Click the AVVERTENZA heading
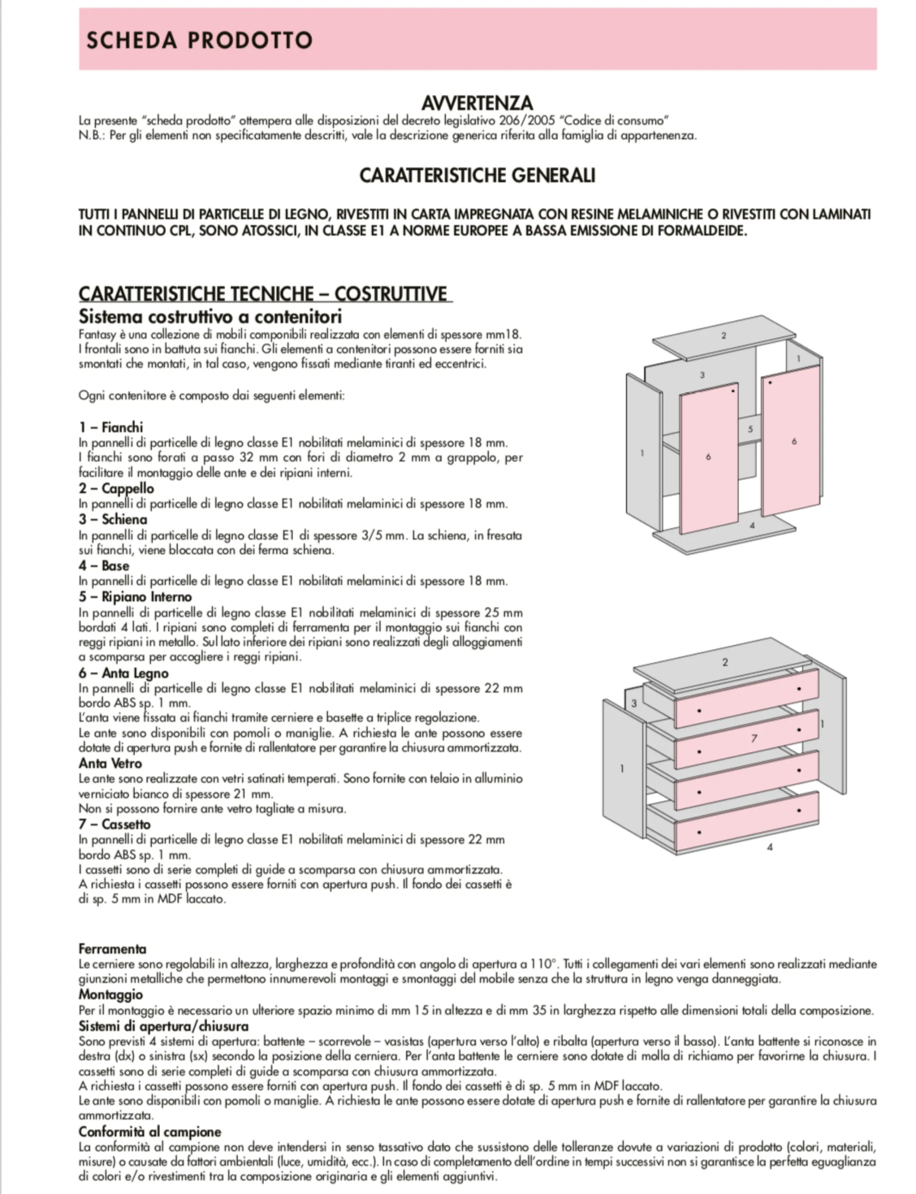(x=477, y=103)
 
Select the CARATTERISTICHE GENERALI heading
(x=477, y=175)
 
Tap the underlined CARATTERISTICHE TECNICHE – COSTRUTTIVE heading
(x=265, y=294)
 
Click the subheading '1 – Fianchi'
(x=111, y=427)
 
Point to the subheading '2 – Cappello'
(x=116, y=488)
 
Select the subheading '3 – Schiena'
(x=113, y=519)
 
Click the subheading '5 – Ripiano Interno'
(x=135, y=597)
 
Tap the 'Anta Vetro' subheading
(x=110, y=763)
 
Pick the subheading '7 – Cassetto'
(x=114, y=824)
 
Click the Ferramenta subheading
(x=112, y=949)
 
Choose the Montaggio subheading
(x=111, y=995)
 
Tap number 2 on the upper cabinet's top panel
(x=724, y=336)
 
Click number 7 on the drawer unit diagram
(x=755, y=739)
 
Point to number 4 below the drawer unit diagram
(x=770, y=847)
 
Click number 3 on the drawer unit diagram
(x=634, y=703)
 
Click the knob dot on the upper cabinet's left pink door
(x=733, y=391)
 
